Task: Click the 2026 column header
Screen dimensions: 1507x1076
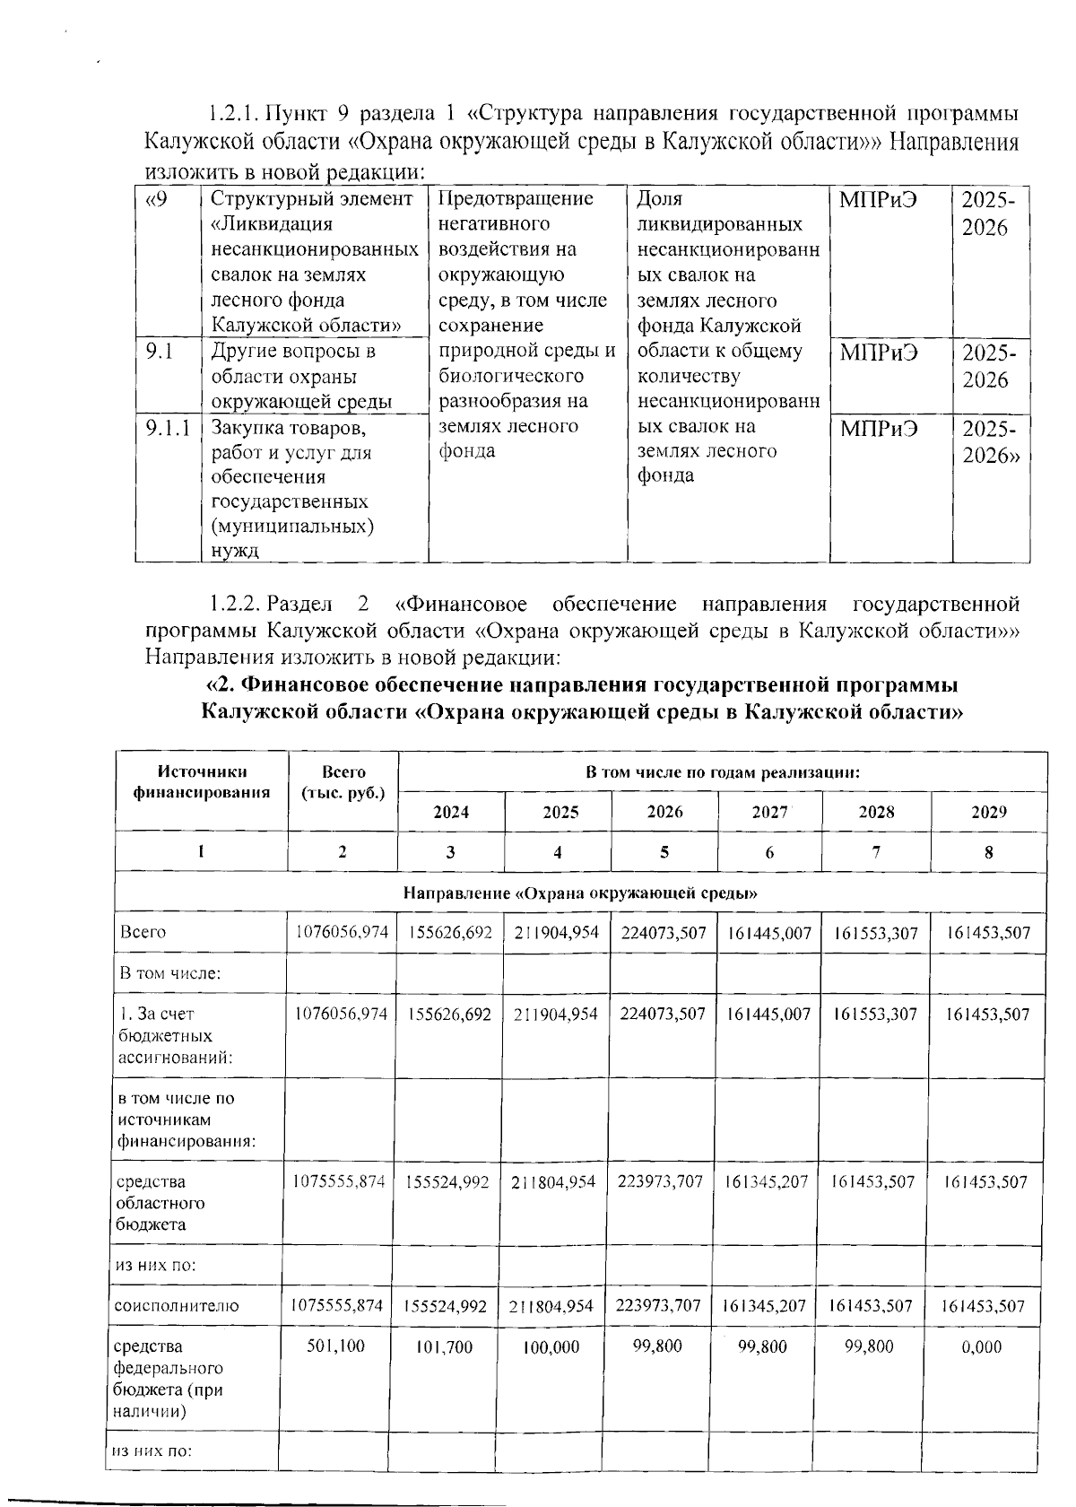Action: pyautogui.click(x=664, y=812)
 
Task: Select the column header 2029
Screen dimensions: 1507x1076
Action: pyautogui.click(x=988, y=812)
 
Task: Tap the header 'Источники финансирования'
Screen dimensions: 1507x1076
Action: pyautogui.click(x=202, y=782)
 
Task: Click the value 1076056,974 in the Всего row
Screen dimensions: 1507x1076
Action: pyautogui.click(x=343, y=933)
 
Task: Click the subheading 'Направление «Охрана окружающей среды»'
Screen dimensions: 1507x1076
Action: pyautogui.click(x=581, y=893)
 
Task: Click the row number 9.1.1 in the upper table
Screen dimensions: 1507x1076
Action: pyautogui.click(x=168, y=428)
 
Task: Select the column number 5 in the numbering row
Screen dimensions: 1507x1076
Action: pyautogui.click(x=664, y=852)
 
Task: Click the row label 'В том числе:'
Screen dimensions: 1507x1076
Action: pyautogui.click(x=170, y=972)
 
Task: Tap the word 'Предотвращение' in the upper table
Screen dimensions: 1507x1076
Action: pyautogui.click(x=516, y=198)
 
